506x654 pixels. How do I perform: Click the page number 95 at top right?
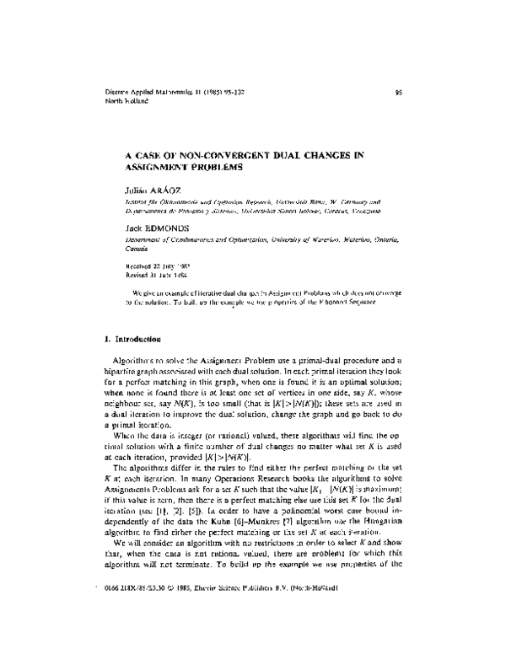click(397, 94)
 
